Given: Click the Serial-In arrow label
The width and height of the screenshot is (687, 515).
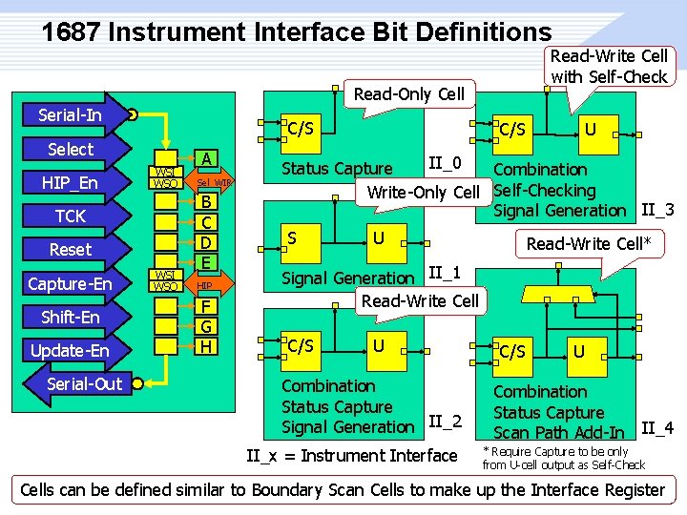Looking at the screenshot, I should coord(70,115).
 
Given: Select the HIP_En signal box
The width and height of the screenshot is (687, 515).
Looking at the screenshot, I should coord(70,183).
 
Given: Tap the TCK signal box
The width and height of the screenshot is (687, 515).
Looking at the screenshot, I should coord(70,216).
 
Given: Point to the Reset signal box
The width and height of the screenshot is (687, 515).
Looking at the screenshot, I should coord(70,250).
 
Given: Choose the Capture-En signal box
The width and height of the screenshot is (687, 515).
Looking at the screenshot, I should coord(70,284).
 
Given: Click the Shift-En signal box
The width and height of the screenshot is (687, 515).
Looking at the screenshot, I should coord(70,318).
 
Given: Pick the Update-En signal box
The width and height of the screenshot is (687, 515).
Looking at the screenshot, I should coord(70,351).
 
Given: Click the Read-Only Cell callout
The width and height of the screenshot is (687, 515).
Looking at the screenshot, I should coord(409,93).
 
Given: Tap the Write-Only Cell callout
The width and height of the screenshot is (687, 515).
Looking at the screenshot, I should coord(423,193).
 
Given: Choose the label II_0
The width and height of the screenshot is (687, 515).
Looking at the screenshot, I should coord(446,163).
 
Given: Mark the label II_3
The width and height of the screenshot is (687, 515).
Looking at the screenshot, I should coord(657,210).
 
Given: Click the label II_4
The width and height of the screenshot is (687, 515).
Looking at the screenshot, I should coord(656,427).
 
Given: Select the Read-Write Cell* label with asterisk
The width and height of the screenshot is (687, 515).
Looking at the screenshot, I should coord(589,243).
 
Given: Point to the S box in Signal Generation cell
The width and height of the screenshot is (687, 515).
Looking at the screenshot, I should coord(292,236).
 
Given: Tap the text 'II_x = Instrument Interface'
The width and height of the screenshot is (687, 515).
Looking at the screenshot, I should coord(352,456).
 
